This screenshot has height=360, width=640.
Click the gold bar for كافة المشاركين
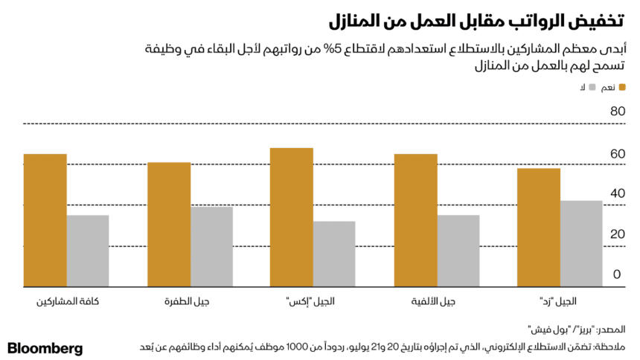(45, 220)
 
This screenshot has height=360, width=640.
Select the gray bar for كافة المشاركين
(88, 251)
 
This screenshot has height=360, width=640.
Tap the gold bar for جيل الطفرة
(168, 224)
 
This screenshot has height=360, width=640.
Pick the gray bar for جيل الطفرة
(211, 246)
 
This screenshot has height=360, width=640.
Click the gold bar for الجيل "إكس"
(292, 217)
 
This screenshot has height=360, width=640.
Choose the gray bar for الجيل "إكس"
(335, 254)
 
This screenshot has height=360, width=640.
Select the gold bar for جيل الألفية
(415, 220)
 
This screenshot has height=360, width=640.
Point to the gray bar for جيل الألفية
(458, 251)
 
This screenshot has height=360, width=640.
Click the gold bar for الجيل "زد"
(539, 227)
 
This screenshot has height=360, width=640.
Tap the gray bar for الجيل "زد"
(581, 243)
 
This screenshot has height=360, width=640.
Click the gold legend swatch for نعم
(621, 88)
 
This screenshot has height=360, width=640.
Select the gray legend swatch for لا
(592, 88)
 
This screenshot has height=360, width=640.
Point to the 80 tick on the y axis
(615, 112)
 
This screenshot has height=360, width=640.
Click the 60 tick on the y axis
(615, 154)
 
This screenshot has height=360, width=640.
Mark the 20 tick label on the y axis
(615, 234)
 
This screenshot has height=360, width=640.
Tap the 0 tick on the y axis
(618, 274)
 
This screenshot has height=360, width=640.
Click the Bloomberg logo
(45, 348)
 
